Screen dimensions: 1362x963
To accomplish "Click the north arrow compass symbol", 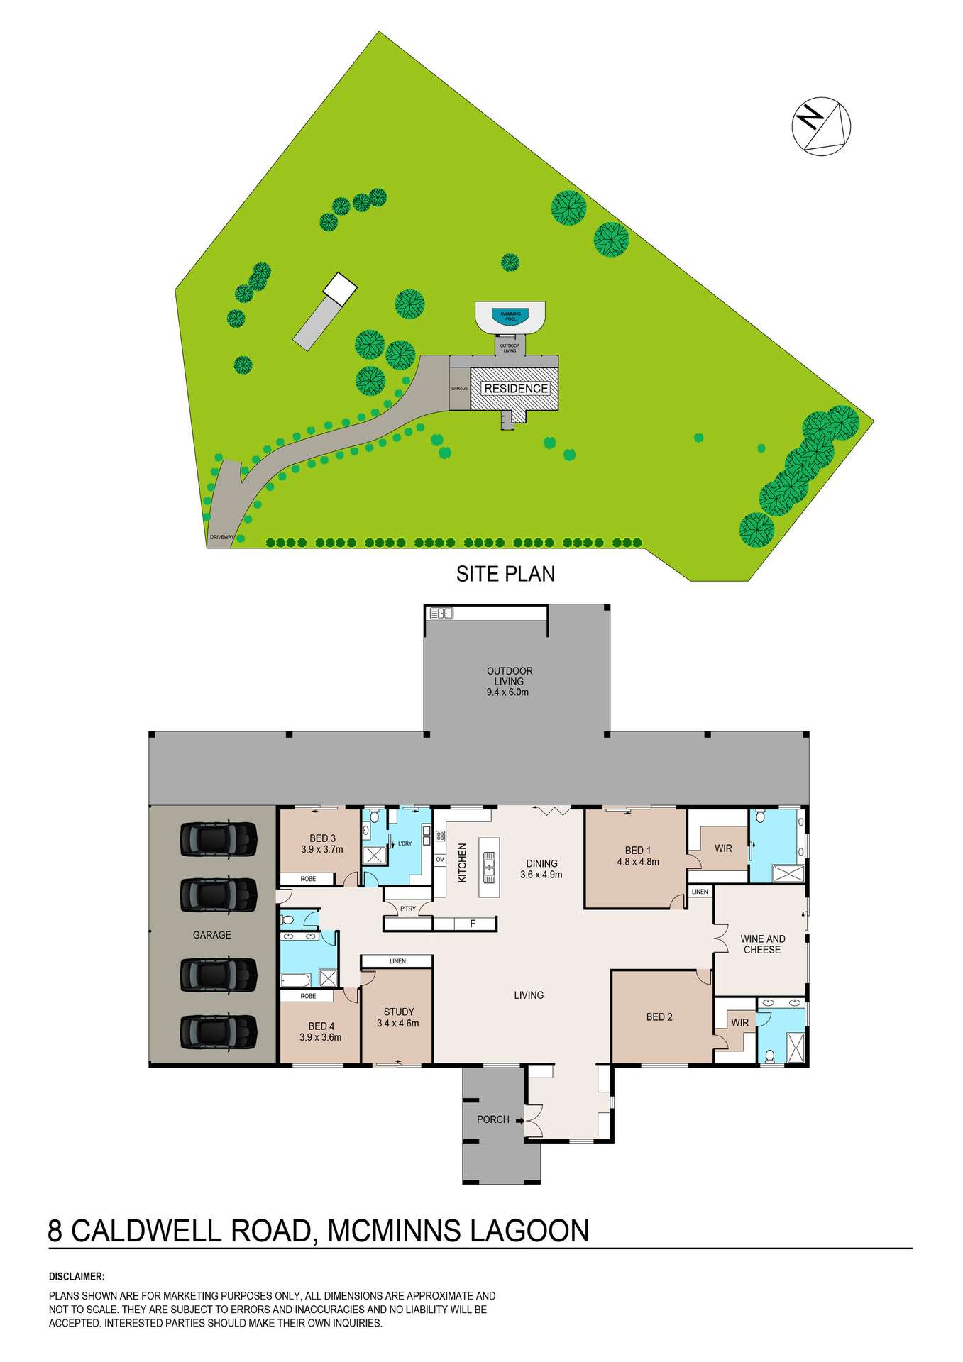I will pyautogui.click(x=821, y=125).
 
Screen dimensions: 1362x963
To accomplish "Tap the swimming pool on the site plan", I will pyautogui.click(x=510, y=317).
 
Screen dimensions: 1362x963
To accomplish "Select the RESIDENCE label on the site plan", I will pyautogui.click(x=516, y=389).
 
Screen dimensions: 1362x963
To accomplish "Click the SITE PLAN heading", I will pyautogui.click(x=505, y=574).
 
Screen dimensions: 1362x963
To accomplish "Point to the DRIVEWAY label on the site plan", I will pyautogui.click(x=221, y=538).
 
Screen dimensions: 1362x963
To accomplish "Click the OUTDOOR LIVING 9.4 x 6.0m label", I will pyautogui.click(x=509, y=681).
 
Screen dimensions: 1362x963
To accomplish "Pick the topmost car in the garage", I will pyautogui.click(x=218, y=839).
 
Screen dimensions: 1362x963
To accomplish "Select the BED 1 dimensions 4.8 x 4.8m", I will pyautogui.click(x=638, y=862).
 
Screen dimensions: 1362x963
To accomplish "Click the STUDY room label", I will pyautogui.click(x=398, y=1012).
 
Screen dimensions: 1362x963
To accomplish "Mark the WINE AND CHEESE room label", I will pyautogui.click(x=762, y=944).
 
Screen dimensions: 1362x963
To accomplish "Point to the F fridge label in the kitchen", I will pyautogui.click(x=473, y=924).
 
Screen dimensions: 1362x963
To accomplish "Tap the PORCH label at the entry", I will pyautogui.click(x=492, y=1119).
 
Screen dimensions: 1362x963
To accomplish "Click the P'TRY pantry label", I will pyautogui.click(x=408, y=909).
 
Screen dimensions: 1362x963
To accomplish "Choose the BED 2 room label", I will pyautogui.click(x=659, y=1017).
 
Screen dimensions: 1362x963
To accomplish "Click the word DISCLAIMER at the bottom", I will pyautogui.click(x=77, y=1277).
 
